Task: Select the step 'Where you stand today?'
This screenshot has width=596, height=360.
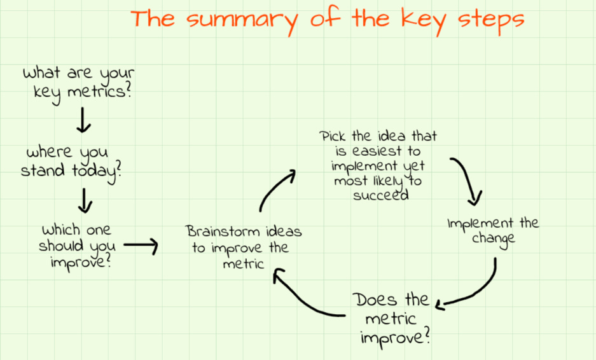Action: click(71, 163)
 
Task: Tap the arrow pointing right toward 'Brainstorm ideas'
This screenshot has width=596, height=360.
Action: click(140, 245)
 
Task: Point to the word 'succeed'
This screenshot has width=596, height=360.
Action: click(380, 195)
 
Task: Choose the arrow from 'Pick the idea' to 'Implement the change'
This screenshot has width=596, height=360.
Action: click(469, 178)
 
